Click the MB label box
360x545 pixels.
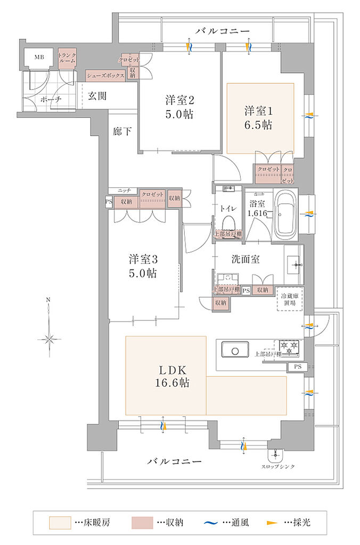pos(39,57)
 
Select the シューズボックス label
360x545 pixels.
pos(105,76)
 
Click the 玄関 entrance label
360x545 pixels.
pos(97,96)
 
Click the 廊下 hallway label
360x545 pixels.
pos(122,131)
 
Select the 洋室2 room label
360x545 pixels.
pos(179,106)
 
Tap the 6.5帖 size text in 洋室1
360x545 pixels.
pos(259,125)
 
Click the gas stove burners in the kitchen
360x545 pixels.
pos(288,349)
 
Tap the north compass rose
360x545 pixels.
pos(48,338)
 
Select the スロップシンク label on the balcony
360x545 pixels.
pos(275,467)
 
